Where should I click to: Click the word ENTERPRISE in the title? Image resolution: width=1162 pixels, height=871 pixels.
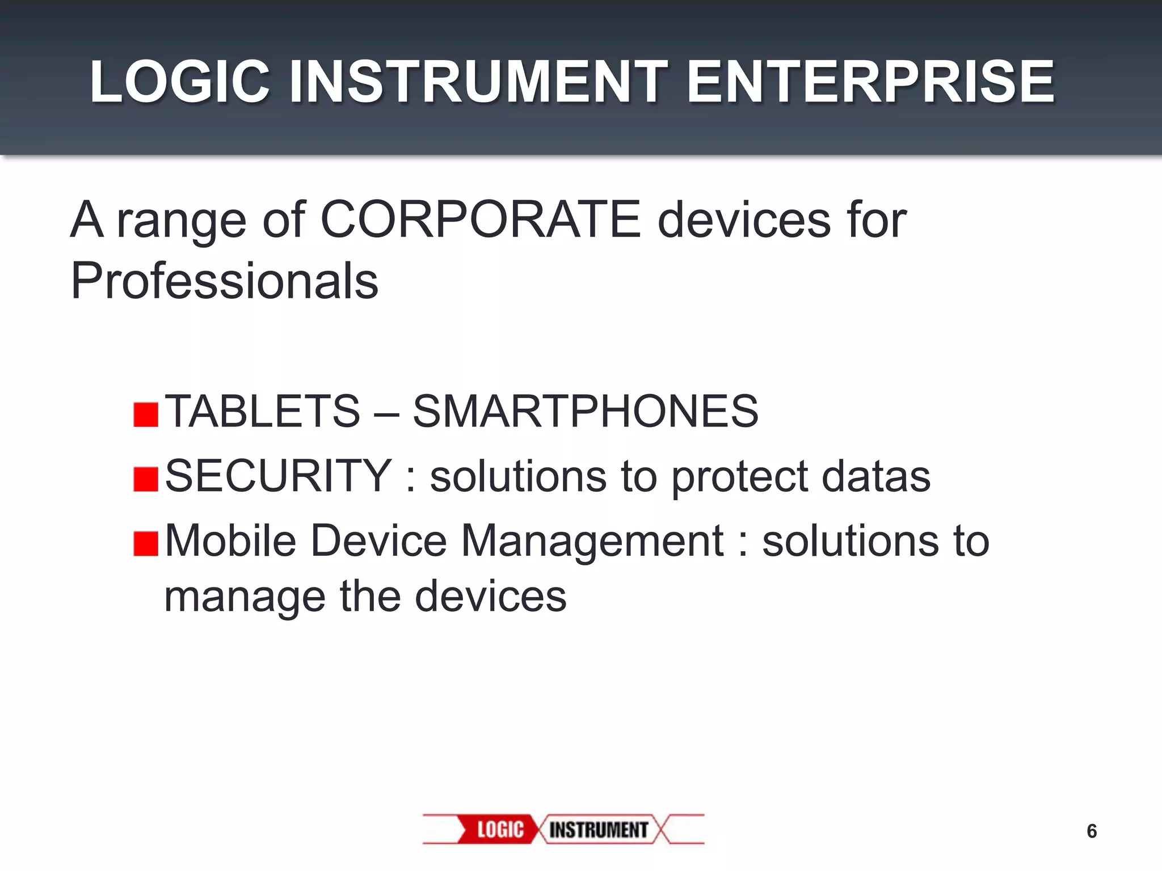[x=870, y=83]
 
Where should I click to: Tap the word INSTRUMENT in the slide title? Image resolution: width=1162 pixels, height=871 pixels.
[x=479, y=83]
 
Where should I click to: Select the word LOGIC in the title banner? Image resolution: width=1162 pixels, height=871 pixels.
[x=179, y=83]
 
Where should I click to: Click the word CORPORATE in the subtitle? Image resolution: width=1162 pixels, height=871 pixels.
[x=480, y=220]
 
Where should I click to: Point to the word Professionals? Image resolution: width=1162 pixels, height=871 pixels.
[x=224, y=281]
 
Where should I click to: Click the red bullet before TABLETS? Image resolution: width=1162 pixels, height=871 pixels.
[x=146, y=415]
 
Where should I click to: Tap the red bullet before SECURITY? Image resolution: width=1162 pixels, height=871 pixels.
[x=146, y=479]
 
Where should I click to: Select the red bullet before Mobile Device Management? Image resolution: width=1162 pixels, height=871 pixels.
[x=146, y=544]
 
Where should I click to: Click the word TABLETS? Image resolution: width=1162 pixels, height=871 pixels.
[x=263, y=411]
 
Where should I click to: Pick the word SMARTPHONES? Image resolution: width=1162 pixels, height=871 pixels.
[x=585, y=411]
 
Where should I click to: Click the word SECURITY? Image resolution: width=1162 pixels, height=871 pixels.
[x=278, y=476]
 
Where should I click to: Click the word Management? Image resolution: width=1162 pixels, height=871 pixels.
[x=592, y=542]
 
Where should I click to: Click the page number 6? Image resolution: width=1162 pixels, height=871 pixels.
[x=1091, y=831]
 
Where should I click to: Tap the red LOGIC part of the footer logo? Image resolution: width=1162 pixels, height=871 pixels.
[x=499, y=830]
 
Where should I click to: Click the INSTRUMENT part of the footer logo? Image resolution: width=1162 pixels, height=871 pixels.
[x=598, y=830]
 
